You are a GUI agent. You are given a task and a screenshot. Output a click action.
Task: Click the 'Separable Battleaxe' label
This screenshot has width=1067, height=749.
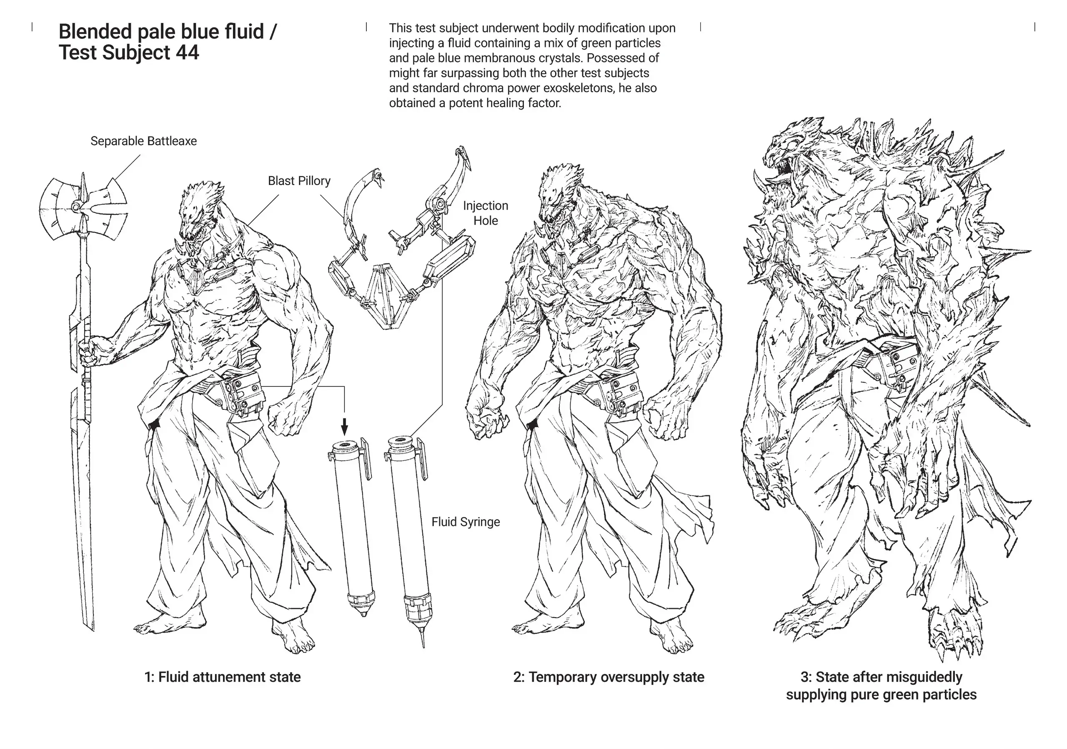pos(144,141)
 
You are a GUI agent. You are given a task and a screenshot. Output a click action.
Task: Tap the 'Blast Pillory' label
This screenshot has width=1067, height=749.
pos(299,181)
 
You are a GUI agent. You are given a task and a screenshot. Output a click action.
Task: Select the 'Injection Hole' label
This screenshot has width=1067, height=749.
pos(485,213)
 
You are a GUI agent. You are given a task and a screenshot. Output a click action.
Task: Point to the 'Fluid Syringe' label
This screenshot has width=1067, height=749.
pos(466,522)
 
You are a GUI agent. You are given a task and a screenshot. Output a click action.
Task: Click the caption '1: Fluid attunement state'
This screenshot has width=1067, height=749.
pos(223,677)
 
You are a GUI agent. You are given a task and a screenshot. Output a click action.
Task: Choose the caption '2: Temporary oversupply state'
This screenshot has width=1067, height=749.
pos(609,677)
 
